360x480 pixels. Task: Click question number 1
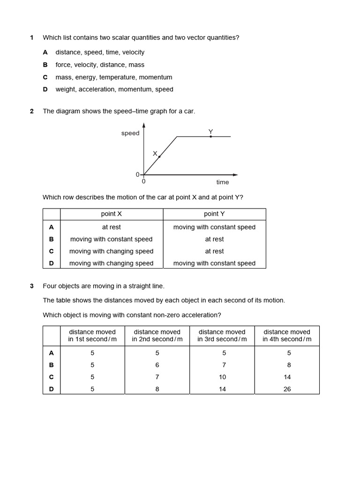(x=31, y=37)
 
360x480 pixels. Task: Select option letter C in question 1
(x=45, y=77)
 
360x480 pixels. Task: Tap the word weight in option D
(x=65, y=89)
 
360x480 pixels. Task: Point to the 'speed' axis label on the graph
(x=130, y=133)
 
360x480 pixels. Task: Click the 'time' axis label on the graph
(x=223, y=182)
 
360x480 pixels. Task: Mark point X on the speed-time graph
(x=159, y=157)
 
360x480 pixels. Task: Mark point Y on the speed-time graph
(x=210, y=136)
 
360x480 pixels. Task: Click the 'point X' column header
(x=112, y=214)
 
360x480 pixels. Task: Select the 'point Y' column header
(x=214, y=214)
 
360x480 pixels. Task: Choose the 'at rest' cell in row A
(x=112, y=227)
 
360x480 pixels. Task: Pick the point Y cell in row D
(x=214, y=263)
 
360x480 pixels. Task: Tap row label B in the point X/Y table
(x=52, y=239)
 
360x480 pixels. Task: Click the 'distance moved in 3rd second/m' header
(x=222, y=336)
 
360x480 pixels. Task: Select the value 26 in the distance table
(x=287, y=389)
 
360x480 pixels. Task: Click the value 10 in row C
(x=222, y=377)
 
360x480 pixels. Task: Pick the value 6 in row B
(x=157, y=365)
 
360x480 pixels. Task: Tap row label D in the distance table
(x=52, y=389)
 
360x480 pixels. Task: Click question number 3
(x=31, y=285)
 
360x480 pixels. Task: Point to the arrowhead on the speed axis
(x=144, y=125)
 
